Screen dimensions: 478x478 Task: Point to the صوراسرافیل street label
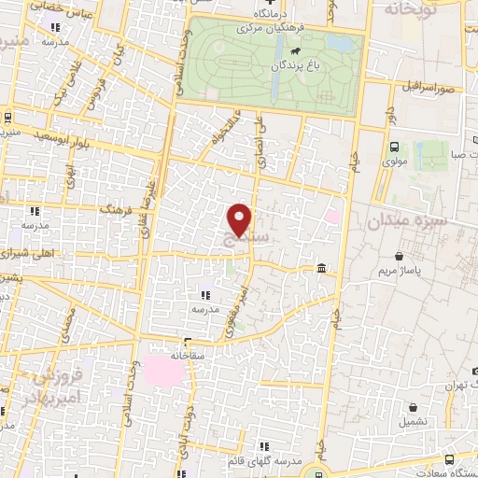coord(429,86)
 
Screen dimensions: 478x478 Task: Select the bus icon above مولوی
coord(394,147)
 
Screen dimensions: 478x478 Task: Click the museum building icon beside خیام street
coord(321,269)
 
